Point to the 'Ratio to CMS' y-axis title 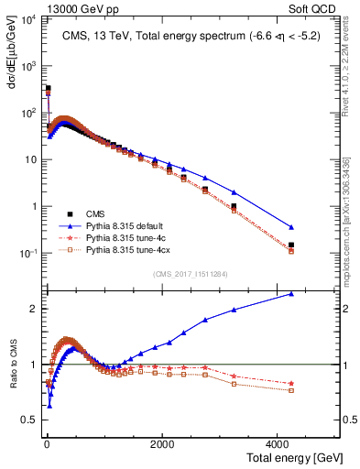12,377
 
